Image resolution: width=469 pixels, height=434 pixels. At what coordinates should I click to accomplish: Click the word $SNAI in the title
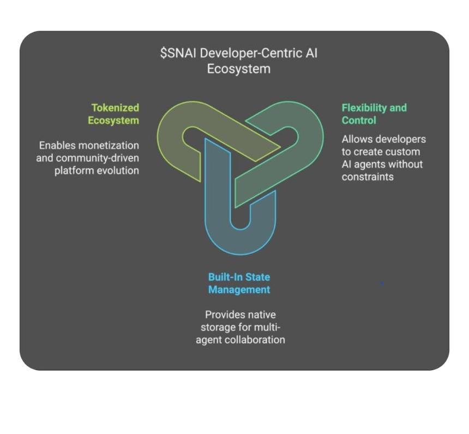pos(178,53)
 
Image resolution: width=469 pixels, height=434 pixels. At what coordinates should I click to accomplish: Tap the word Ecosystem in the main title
pos(239,69)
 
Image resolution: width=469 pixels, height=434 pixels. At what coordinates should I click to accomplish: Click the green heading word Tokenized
pos(115,108)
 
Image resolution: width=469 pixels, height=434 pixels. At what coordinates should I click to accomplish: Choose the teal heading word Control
pos(359,120)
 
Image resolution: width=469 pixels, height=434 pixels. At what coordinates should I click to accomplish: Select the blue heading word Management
pos(239,290)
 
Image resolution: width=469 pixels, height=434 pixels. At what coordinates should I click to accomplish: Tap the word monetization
pos(109,145)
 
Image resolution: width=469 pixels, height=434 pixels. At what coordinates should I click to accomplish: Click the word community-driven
pos(98,158)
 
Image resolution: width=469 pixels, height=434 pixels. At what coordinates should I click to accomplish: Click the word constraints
pos(368,177)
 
